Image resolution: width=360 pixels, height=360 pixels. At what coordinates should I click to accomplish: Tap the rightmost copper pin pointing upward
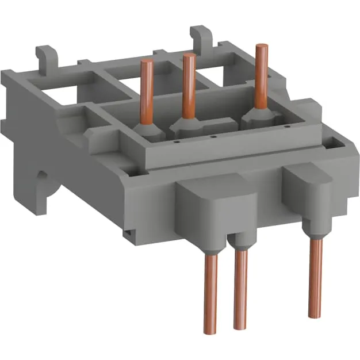(262, 75)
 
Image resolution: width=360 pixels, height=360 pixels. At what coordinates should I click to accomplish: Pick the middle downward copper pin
(240, 288)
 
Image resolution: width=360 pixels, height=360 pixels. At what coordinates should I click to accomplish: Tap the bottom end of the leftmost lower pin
(211, 330)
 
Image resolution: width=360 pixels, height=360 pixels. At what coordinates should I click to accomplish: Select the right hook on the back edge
(201, 36)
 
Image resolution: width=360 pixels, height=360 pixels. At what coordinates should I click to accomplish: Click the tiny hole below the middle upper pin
(213, 137)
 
